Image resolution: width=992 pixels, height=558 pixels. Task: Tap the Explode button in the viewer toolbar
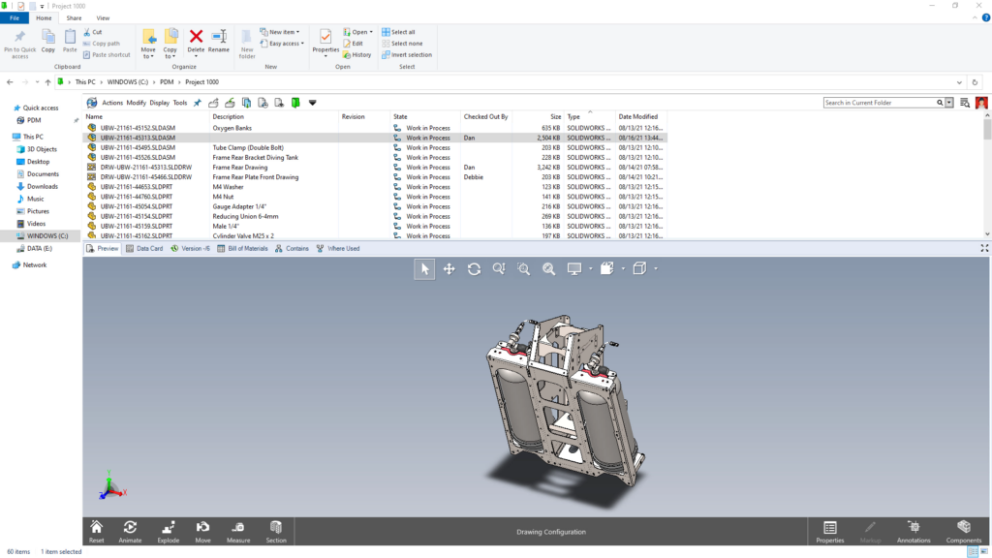click(169, 531)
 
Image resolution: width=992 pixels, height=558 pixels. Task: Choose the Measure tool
click(238, 531)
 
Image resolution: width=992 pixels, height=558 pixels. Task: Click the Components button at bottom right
click(963, 531)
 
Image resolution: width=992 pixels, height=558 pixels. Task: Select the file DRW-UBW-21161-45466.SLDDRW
click(145, 177)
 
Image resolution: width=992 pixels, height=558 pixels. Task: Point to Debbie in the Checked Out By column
click(474, 177)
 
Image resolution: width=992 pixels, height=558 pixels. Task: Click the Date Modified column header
click(638, 116)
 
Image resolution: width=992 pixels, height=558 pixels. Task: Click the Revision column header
click(354, 116)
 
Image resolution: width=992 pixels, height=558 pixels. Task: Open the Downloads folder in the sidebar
click(42, 186)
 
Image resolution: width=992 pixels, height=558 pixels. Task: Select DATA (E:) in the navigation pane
click(40, 249)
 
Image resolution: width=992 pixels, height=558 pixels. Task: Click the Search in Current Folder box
click(880, 103)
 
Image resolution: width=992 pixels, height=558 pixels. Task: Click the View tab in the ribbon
click(103, 17)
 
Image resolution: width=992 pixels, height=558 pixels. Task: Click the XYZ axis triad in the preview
click(112, 486)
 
